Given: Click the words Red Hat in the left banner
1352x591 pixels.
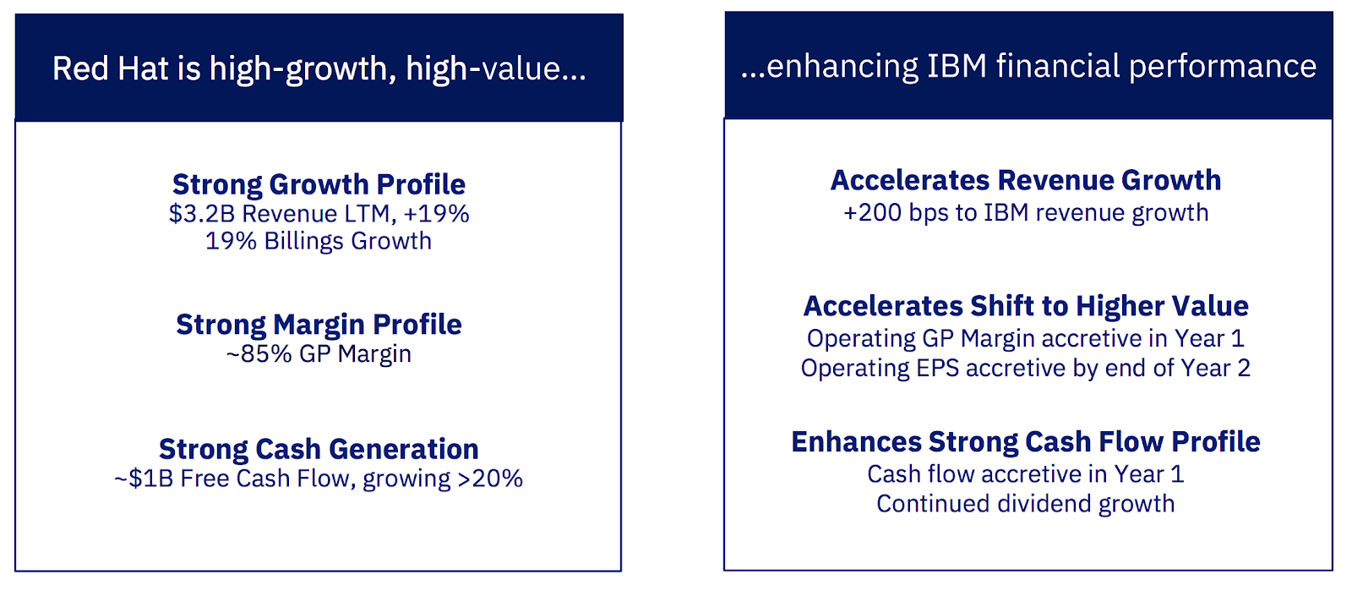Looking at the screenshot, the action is (x=110, y=68).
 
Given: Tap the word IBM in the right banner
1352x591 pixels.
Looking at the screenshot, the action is (x=957, y=66).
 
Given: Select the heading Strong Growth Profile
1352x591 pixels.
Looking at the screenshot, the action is (x=319, y=184).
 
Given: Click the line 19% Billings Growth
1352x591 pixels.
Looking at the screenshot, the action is (x=319, y=241).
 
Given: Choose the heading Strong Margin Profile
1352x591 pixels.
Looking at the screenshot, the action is (x=319, y=325).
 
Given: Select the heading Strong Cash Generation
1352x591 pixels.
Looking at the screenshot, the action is (x=319, y=449).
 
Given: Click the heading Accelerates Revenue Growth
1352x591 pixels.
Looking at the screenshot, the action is (x=1026, y=180).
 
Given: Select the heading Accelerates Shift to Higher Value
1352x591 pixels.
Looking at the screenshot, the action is (x=1026, y=306).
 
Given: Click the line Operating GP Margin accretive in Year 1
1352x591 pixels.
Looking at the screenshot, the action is (x=1026, y=339).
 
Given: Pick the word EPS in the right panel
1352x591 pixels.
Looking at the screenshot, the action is (x=937, y=369).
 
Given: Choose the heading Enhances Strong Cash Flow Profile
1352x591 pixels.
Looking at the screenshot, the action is (x=1026, y=442).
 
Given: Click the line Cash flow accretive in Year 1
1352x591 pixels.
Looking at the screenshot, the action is (x=1026, y=473).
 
